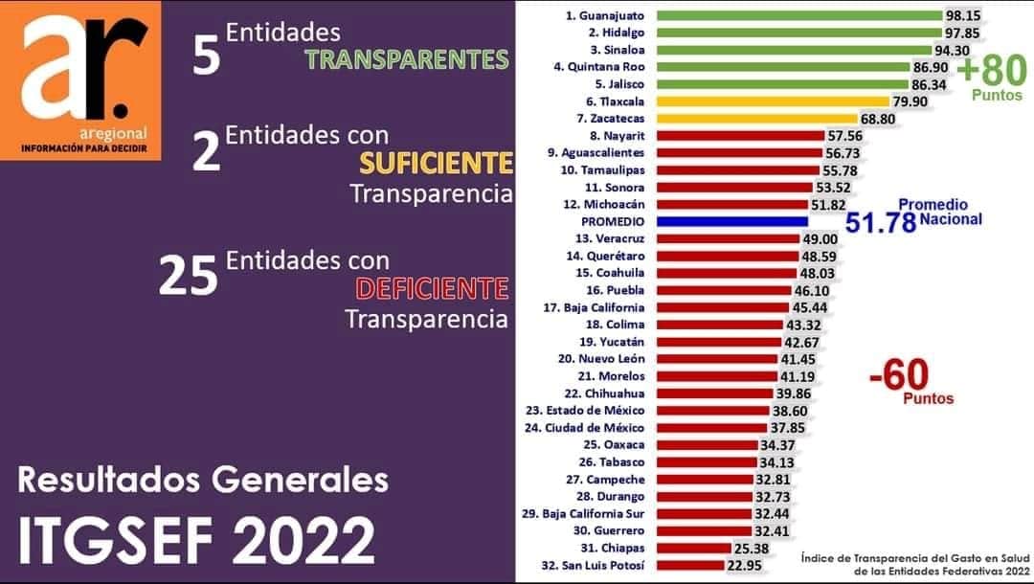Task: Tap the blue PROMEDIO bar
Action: click(733, 221)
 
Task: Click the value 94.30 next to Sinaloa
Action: click(955, 50)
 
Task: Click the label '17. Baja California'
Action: click(594, 307)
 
